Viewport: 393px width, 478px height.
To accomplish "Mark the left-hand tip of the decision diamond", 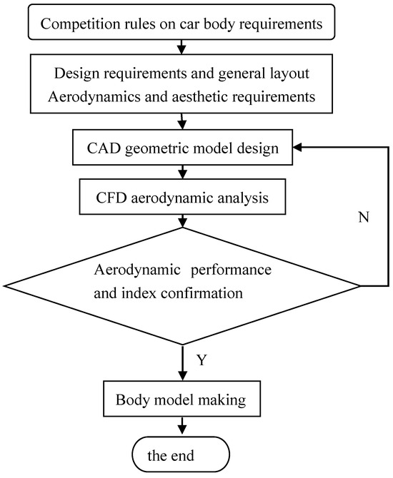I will pos(5,286).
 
